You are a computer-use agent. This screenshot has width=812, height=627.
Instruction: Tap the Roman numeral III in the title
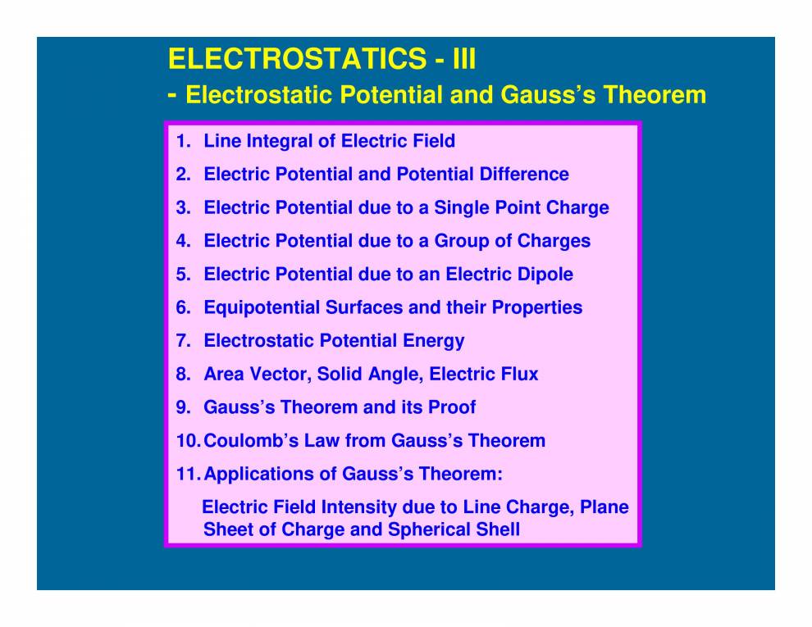click(x=459, y=59)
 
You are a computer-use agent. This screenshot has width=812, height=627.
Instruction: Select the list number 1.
click(x=181, y=141)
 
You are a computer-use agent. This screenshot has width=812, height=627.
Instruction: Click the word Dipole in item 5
click(x=545, y=274)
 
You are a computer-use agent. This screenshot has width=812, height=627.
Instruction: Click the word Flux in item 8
click(x=518, y=375)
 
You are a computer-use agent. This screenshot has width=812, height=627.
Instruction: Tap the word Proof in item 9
click(x=451, y=407)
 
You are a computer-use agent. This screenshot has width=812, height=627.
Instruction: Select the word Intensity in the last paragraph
click(x=409, y=507)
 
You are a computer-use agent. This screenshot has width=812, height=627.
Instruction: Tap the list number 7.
click(x=181, y=341)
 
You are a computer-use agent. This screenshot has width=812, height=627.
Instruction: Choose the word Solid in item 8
click(x=340, y=375)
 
